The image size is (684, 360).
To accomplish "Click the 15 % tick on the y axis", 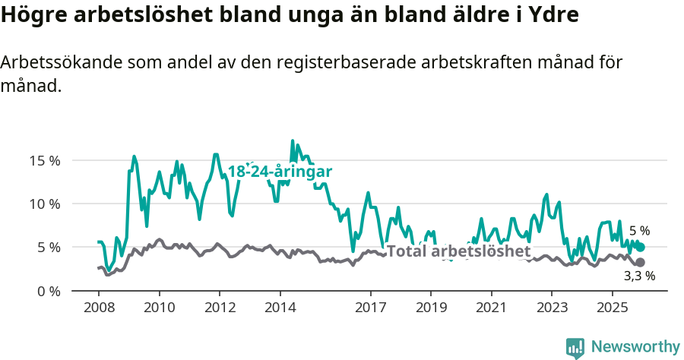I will coord(46,160).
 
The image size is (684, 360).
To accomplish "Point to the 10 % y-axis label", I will coord(46,204).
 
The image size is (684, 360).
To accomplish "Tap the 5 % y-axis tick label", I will coord(49,247).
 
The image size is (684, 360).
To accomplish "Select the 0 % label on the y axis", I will coord(49,291).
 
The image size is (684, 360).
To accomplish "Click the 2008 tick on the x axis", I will coord(99,308).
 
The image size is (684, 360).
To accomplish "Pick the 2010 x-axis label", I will coord(159,308).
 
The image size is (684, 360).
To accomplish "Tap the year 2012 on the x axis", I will coord(220,308).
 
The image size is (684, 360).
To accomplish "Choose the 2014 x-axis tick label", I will coord(280,308).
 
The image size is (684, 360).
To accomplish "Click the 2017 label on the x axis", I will coord(370,308).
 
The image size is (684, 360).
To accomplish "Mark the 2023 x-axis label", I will coord(552,308).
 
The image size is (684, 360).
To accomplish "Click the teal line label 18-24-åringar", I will coord(280,172).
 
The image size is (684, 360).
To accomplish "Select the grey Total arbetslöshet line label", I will coord(458,251).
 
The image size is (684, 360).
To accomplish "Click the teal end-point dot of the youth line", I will coord(641,247).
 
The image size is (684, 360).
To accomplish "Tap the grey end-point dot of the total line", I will coord(641,262).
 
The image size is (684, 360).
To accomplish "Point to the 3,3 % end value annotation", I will coord(639,276).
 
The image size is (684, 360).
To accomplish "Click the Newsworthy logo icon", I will coord(575,348).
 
